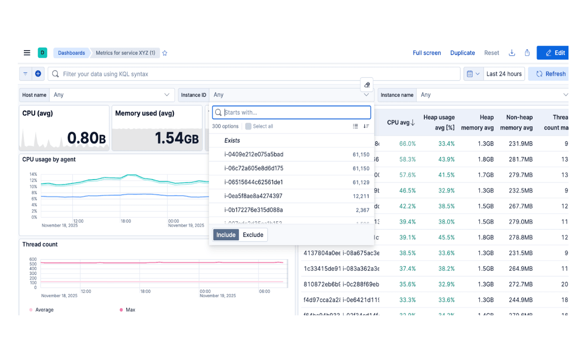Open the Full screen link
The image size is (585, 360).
pos(427,53)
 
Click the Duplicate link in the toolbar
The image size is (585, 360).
pos(462,53)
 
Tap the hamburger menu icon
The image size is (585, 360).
pos(27,53)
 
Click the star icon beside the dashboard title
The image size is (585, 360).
pos(165,53)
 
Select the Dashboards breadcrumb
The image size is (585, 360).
pos(71,53)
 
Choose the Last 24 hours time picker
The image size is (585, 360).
pos(503,74)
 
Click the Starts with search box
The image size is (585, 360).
pos(295,112)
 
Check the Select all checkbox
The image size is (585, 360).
pos(248,126)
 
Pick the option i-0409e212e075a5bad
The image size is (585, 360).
pos(253,154)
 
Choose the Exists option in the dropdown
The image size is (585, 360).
pos(232,141)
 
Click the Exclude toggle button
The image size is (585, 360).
pos(253,235)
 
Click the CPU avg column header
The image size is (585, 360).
pos(401,123)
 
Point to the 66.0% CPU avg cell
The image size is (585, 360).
pos(408,144)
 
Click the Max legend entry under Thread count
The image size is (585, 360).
pos(130,310)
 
